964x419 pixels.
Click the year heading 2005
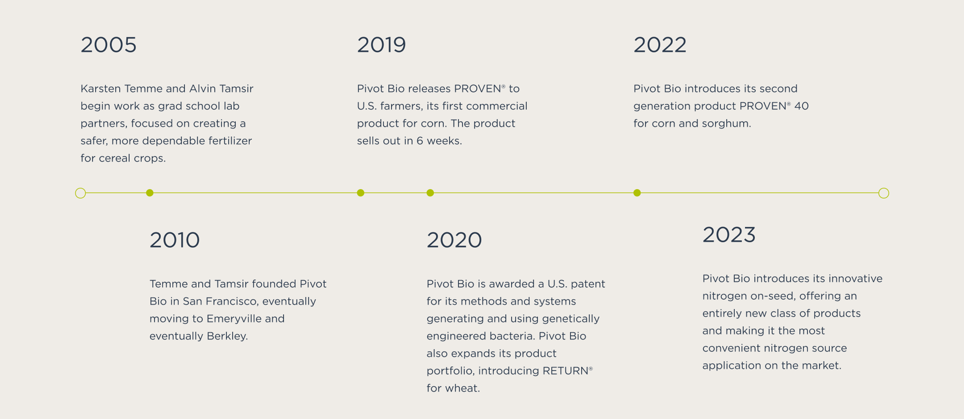[108, 45]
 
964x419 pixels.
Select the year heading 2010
[175, 240]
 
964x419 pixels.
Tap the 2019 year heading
[381, 45]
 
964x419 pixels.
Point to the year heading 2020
[454, 240]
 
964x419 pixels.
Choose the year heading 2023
[729, 235]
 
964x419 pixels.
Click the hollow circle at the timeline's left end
[80, 193]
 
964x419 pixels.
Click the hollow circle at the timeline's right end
[884, 193]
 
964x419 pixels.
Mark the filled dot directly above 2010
[150, 193]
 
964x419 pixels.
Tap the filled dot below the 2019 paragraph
[360, 193]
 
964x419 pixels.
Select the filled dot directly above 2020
[430, 193]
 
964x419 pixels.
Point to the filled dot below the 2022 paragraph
[637, 193]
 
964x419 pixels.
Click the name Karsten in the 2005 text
[101, 89]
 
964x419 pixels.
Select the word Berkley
[227, 336]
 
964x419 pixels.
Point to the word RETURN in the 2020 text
[565, 371]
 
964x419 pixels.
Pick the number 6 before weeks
[420, 141]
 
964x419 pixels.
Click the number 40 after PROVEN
[802, 106]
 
